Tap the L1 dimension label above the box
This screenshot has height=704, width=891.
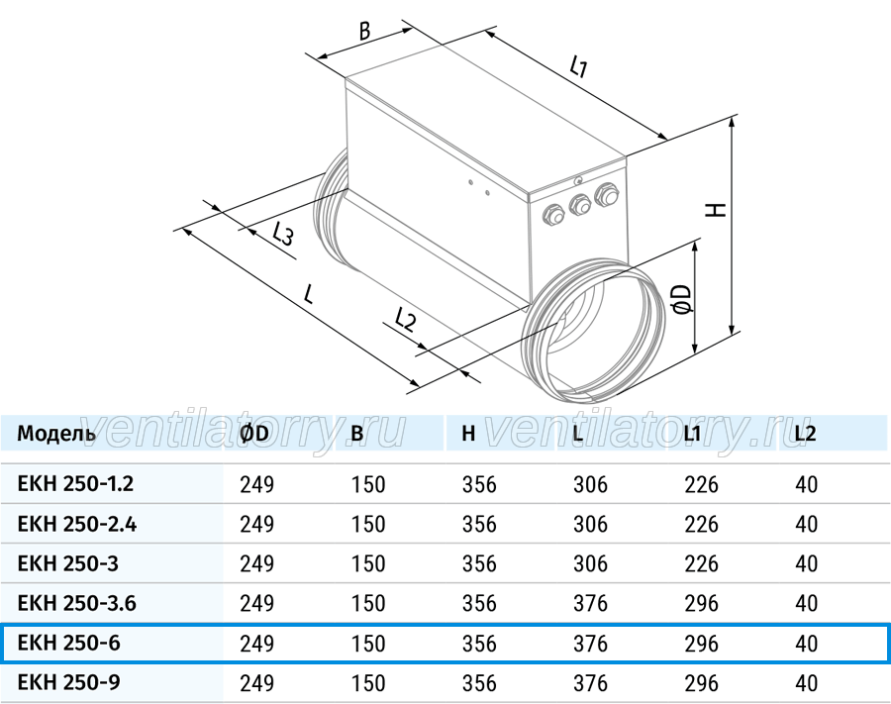(x=578, y=66)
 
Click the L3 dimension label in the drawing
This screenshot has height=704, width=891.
(x=282, y=234)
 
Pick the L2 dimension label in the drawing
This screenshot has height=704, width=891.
(x=405, y=320)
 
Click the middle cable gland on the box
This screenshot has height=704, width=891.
(x=579, y=205)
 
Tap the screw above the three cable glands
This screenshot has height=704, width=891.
(x=578, y=181)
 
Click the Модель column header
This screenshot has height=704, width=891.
(x=56, y=434)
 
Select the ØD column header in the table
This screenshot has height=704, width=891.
(x=254, y=434)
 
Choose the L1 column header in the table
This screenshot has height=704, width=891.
(x=692, y=434)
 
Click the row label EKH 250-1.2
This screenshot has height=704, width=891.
(x=75, y=484)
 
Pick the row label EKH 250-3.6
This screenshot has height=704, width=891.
(x=76, y=603)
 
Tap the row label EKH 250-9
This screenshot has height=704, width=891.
(x=68, y=682)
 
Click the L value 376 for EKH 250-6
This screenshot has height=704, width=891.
(x=590, y=644)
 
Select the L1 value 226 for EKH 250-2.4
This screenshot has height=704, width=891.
(x=701, y=524)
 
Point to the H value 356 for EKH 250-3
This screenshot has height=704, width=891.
(x=479, y=563)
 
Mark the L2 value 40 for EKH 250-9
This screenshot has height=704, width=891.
(x=806, y=683)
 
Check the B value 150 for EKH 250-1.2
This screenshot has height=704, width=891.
(x=368, y=484)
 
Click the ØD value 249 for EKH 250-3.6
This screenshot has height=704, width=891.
(x=256, y=603)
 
